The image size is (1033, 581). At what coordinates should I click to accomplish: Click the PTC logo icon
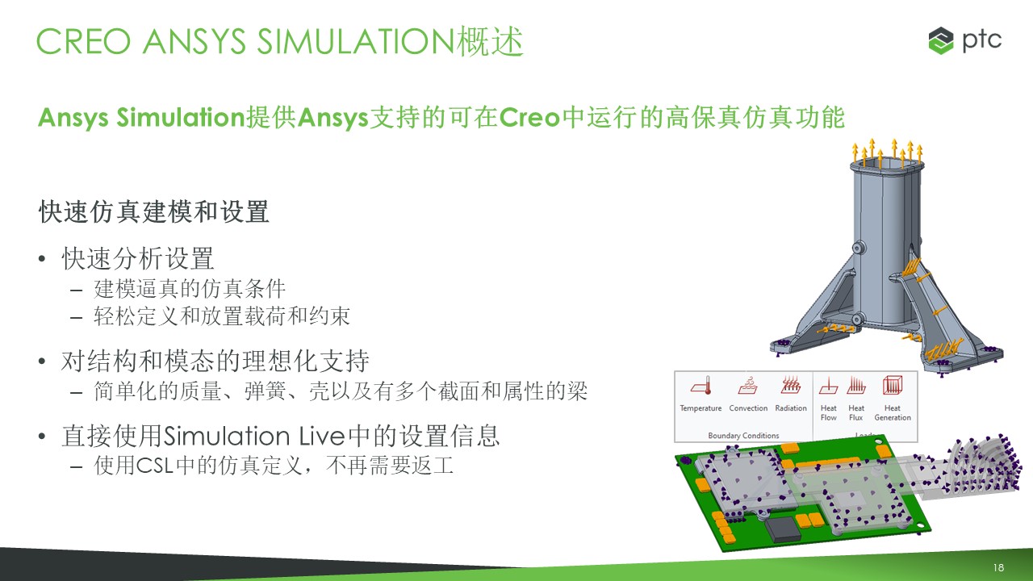941,40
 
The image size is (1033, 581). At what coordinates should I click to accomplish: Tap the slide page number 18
998,567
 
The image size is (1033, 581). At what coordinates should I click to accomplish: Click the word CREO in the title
83,41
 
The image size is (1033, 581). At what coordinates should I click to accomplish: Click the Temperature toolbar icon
701,386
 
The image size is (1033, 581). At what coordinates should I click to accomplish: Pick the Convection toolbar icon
748,386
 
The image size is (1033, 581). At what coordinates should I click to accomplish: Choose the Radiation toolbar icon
790,386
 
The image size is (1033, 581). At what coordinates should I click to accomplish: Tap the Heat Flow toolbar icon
828,386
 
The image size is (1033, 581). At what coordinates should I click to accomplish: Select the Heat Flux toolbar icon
856,386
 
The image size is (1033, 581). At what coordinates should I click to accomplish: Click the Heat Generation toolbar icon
893,386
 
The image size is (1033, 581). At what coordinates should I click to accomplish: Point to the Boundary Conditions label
743,435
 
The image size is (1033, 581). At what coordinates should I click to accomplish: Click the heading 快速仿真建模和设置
154,212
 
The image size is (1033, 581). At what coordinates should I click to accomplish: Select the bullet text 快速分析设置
138,259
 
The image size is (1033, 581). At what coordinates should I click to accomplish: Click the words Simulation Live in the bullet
254,437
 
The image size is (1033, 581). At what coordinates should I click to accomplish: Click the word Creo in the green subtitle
529,118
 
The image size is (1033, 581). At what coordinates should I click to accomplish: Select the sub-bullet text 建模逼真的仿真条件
190,289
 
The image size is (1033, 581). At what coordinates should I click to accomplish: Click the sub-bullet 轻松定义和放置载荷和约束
222,316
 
